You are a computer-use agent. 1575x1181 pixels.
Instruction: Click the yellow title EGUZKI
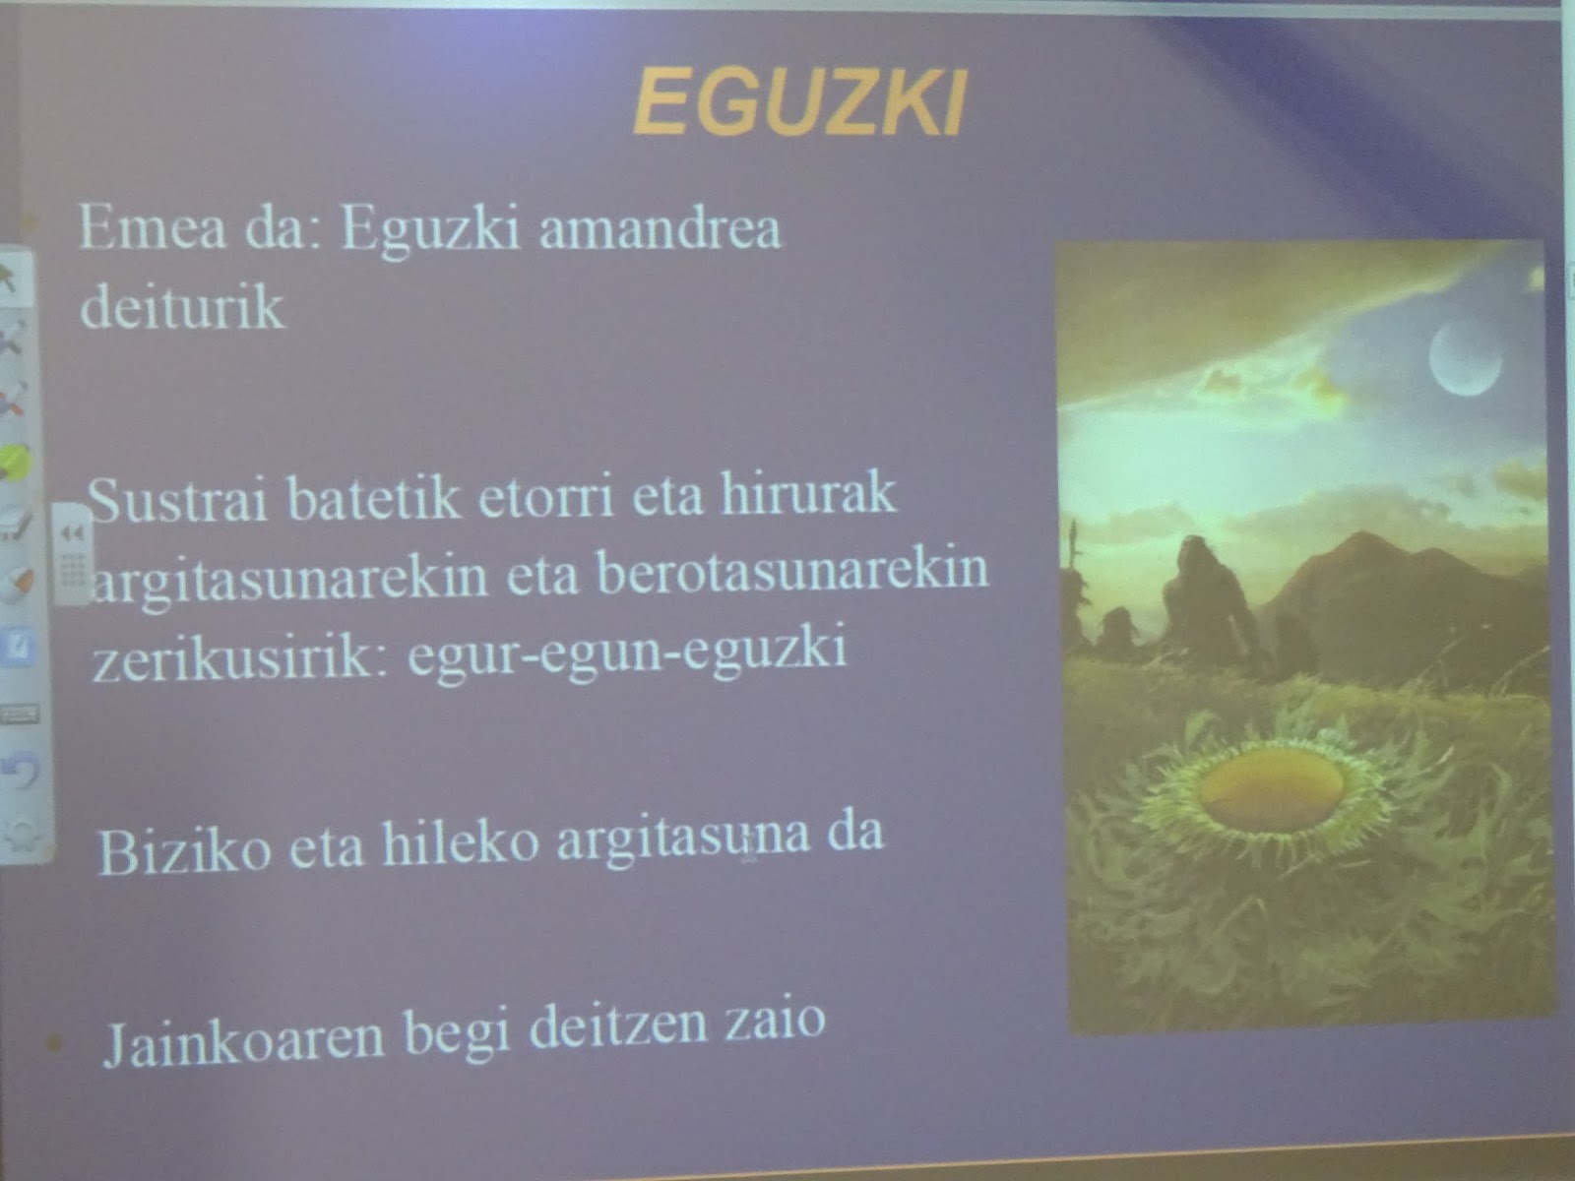click(798, 103)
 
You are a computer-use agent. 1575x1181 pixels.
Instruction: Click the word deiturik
click(182, 306)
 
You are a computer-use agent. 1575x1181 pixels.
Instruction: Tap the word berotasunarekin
click(792, 572)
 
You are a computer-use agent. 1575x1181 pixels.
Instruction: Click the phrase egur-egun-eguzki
click(626, 652)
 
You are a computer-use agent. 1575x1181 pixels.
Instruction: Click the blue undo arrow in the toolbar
click(19, 769)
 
